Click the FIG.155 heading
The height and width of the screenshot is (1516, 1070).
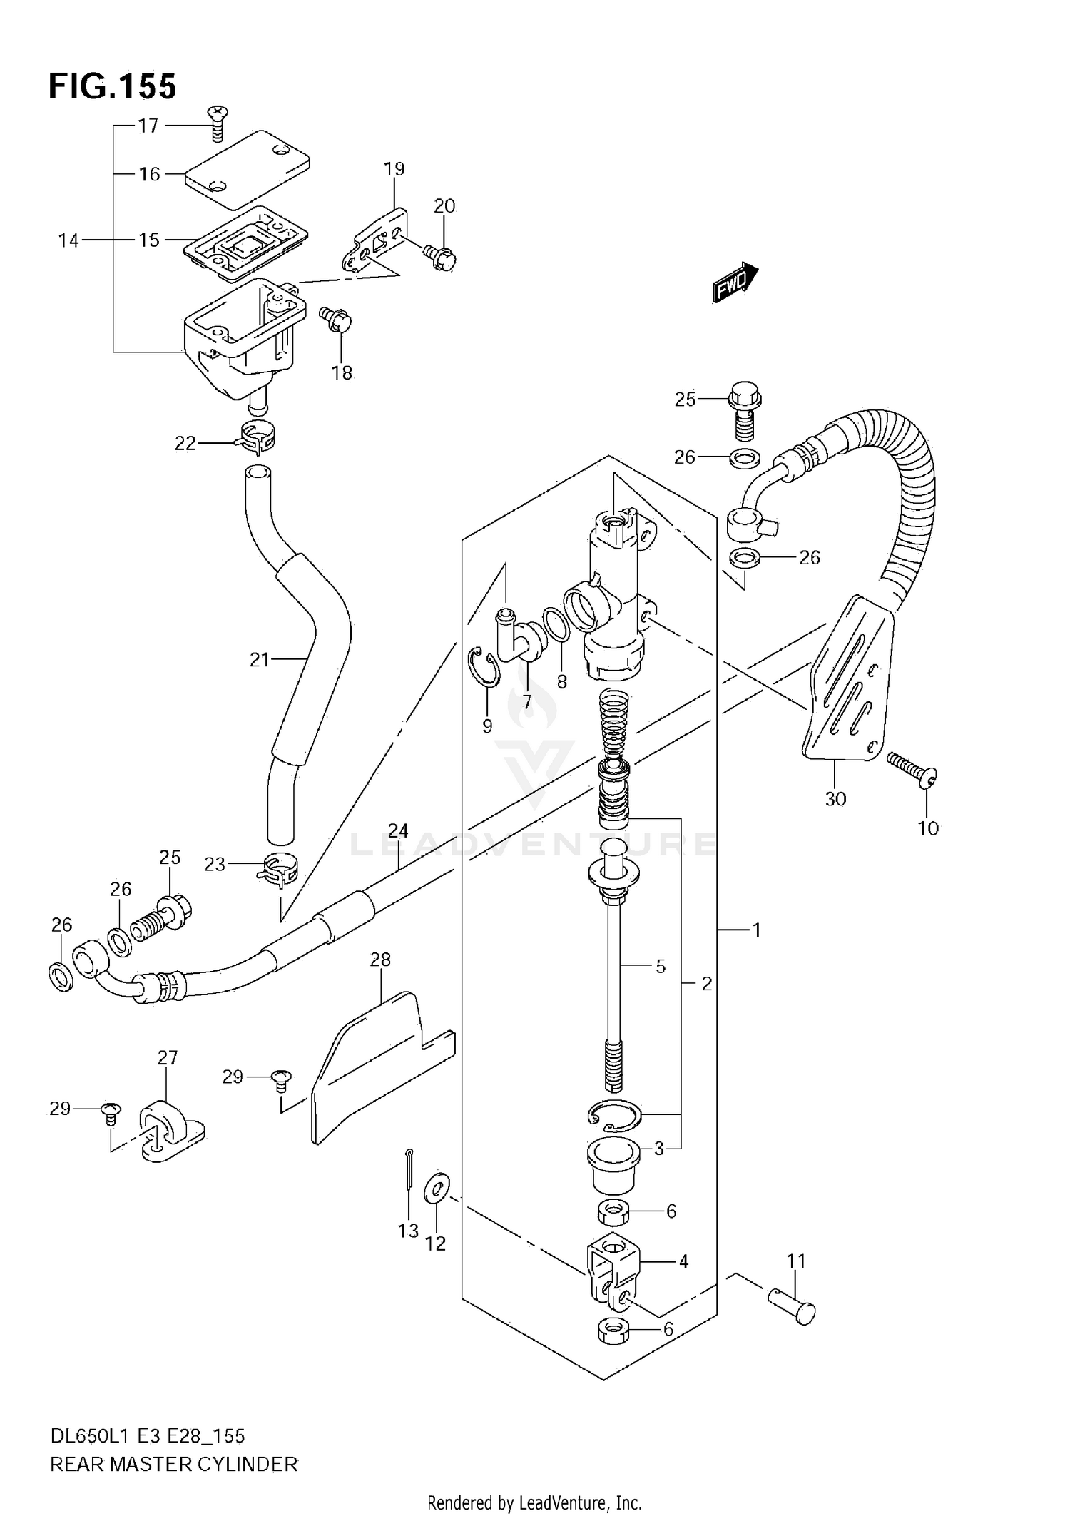pyautogui.click(x=112, y=86)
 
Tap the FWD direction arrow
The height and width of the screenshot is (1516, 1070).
pyautogui.click(x=735, y=282)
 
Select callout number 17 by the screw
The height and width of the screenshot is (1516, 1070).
pyautogui.click(x=148, y=126)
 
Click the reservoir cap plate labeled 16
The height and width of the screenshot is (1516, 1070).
pyautogui.click(x=246, y=168)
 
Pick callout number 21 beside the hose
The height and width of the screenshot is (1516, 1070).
pyautogui.click(x=260, y=660)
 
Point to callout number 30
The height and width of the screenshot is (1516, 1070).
pyautogui.click(x=835, y=798)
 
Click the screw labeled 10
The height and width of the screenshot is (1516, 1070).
pyautogui.click(x=912, y=771)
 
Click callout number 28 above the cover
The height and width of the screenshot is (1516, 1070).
pyautogui.click(x=380, y=960)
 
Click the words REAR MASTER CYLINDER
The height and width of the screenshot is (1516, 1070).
pyautogui.click(x=173, y=1464)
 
